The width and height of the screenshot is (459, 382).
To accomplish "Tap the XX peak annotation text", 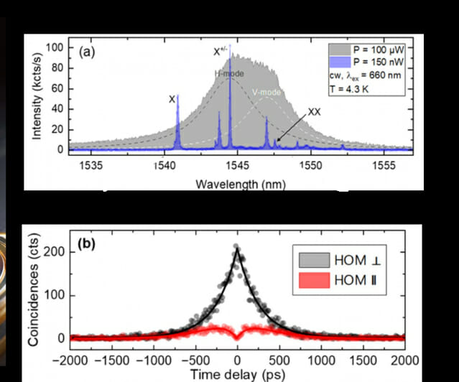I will [x=315, y=113].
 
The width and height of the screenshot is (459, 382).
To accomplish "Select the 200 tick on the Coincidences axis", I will [x=55, y=252].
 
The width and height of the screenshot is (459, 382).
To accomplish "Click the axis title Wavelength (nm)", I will [x=237, y=183].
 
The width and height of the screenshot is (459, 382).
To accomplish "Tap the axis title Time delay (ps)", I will [x=237, y=373].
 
